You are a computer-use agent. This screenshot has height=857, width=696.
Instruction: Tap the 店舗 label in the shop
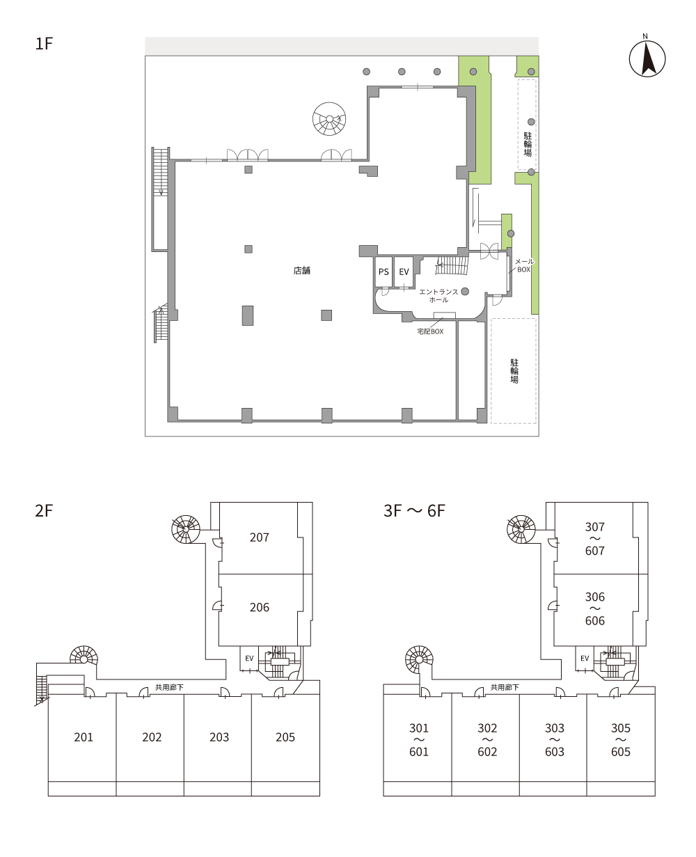(302, 271)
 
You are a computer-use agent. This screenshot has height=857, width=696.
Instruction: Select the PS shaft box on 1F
(383, 272)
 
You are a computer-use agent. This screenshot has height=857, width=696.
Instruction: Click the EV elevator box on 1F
(404, 272)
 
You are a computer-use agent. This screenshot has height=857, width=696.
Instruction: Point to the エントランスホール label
(438, 296)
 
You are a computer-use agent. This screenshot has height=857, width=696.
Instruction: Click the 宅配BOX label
(430, 331)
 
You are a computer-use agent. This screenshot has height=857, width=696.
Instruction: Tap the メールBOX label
(524, 265)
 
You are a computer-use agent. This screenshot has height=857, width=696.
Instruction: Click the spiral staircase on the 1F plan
(329, 118)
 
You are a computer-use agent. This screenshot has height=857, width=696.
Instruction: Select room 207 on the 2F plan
(260, 537)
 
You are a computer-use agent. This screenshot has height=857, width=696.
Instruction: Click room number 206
(260, 608)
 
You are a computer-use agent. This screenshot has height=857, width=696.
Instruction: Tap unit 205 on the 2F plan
(285, 737)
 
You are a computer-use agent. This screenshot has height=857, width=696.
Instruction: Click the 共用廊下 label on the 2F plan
(169, 688)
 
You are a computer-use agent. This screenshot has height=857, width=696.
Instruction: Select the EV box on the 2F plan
(249, 659)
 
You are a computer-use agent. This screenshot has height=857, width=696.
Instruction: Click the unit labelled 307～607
(594, 538)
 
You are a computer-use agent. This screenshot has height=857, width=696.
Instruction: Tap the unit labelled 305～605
(621, 739)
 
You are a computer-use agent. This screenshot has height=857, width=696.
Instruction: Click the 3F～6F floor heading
(414, 510)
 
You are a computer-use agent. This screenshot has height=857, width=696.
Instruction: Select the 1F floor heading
(45, 43)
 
